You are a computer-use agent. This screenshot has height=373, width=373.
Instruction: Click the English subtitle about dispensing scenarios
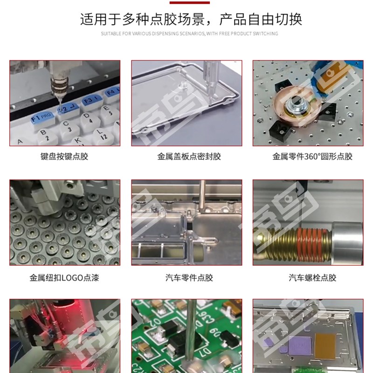(x=189, y=34)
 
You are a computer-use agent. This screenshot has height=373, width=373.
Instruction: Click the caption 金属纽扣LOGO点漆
(x=64, y=278)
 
